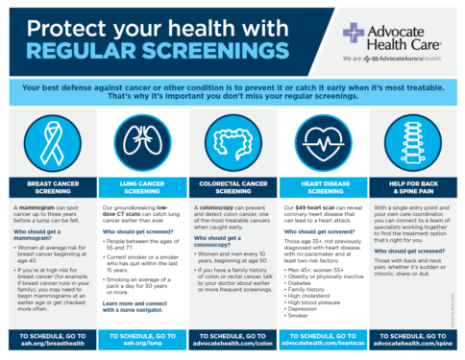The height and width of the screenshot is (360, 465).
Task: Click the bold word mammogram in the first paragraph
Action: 35,207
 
